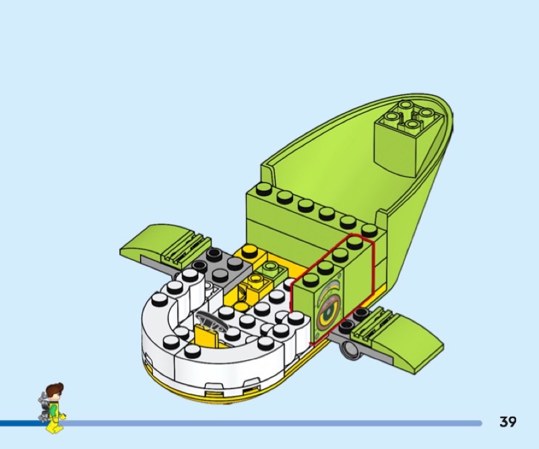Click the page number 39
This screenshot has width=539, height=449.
click(x=508, y=421)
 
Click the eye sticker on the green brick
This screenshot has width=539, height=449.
click(x=329, y=307)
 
